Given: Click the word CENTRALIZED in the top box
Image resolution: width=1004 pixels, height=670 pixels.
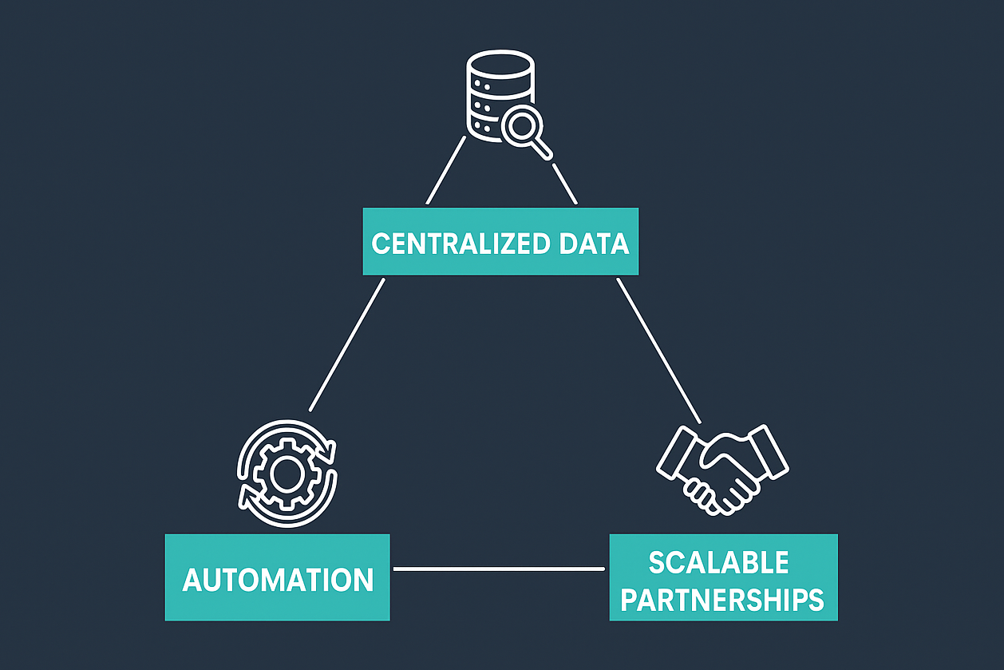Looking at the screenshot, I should point(450,244).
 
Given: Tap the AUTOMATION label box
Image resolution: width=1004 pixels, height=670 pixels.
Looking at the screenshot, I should point(277,578).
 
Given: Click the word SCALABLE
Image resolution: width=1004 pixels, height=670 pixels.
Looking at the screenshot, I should point(718,562).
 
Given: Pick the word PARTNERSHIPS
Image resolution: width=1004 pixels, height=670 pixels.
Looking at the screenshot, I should point(722,599).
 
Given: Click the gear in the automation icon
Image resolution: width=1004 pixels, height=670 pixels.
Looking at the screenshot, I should point(285,474).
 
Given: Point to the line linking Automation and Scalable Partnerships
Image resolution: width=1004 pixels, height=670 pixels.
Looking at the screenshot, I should point(499,569).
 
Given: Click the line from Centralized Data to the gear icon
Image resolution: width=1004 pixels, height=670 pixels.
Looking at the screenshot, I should point(347,344).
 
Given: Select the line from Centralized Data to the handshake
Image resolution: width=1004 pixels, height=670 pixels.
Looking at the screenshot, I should point(658,350).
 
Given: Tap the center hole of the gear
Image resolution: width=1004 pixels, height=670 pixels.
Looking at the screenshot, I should point(285,474).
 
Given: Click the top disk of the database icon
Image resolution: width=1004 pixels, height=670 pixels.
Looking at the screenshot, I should point(500,62).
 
